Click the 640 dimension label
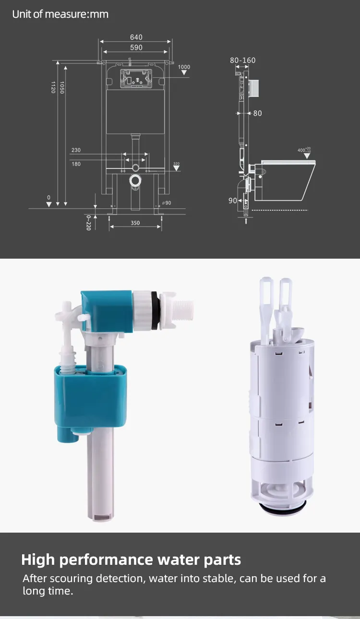136,37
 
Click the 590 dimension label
136,48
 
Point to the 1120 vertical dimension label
53,87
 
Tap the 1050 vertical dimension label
62,87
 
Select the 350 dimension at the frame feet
135,223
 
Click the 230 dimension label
76,150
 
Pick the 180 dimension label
76,164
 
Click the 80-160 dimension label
242,60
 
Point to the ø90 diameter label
167,203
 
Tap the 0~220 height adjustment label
88,223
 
